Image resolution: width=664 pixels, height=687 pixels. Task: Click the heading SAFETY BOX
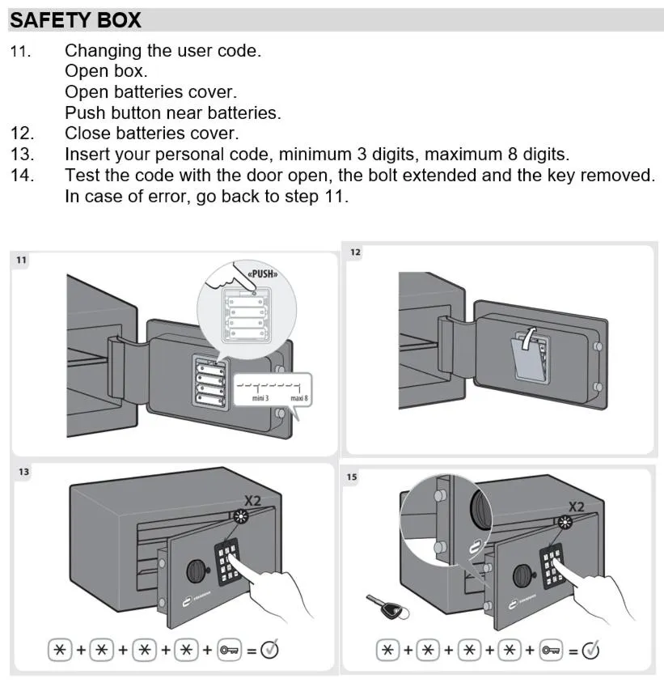75,19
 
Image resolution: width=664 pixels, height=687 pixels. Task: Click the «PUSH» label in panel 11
262,274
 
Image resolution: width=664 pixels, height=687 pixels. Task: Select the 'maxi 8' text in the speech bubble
301,399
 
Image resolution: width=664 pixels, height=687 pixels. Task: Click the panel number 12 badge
356,252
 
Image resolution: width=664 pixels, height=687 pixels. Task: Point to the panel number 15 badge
353,477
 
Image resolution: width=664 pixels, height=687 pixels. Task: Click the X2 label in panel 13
253,501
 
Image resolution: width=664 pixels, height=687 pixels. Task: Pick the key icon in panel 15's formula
553,649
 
